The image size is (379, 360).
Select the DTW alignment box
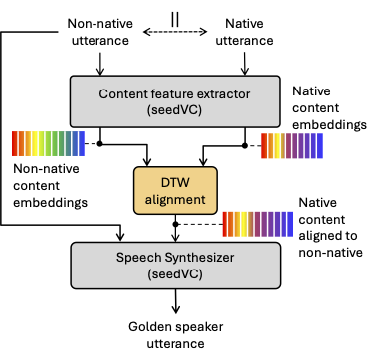click(x=175, y=190)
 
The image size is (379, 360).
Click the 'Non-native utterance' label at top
click(x=100, y=30)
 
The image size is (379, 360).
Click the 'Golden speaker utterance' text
click(x=175, y=335)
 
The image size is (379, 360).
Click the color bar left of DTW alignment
click(x=48, y=144)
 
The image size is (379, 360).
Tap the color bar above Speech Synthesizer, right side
click(x=257, y=226)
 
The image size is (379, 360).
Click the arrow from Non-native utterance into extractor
click(x=100, y=63)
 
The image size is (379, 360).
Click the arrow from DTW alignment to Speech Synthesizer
click(x=175, y=227)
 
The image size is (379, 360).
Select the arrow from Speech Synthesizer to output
click(x=175, y=301)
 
